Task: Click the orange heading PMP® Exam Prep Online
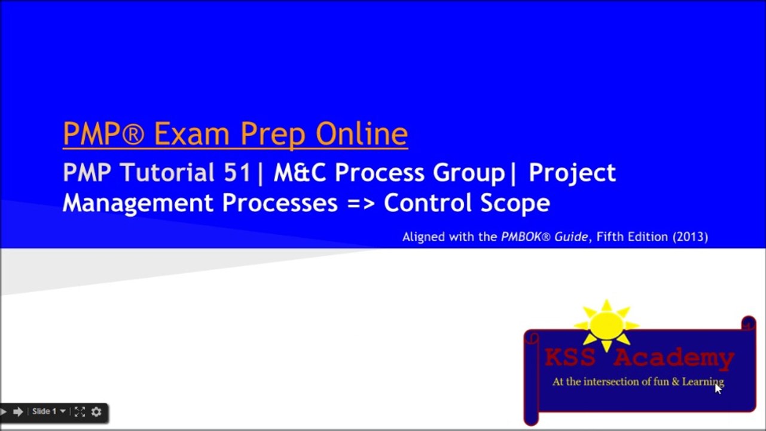click(x=235, y=134)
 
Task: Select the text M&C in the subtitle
click(x=301, y=173)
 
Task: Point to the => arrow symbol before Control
click(x=361, y=204)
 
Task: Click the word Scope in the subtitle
click(x=515, y=204)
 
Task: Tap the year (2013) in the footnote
click(x=690, y=237)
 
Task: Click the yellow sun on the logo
click(x=606, y=324)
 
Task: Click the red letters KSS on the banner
click(x=570, y=358)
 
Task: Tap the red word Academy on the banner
click(x=674, y=358)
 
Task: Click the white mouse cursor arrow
click(x=718, y=388)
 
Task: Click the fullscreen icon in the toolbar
click(x=80, y=411)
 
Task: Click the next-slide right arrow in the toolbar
click(x=18, y=411)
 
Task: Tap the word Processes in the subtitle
click(x=280, y=204)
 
